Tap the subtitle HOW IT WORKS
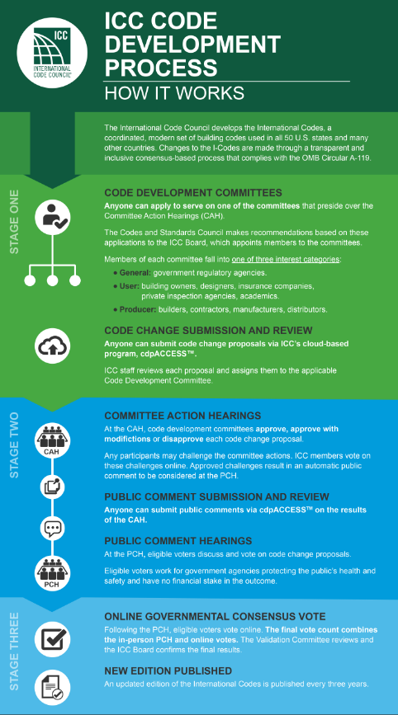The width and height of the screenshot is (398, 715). click(174, 93)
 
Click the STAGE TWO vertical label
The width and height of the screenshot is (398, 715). click(14, 445)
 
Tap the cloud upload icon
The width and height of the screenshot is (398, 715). click(53, 346)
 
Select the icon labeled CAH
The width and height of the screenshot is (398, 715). click(53, 441)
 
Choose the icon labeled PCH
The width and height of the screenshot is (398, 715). click(53, 572)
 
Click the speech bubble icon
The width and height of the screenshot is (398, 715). click(53, 528)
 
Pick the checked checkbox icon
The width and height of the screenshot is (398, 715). click(53, 639)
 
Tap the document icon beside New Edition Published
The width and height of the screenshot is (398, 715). click(53, 687)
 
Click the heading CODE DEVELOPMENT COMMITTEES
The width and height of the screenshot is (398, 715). click(193, 192)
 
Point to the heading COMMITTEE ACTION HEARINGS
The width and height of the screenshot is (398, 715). click(182, 416)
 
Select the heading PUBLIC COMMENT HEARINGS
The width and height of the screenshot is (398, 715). click(178, 541)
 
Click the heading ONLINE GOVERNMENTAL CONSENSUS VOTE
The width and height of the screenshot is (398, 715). click(215, 617)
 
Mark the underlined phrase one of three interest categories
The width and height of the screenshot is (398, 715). click(285, 260)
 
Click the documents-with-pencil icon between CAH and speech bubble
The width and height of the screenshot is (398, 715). click(53, 487)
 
